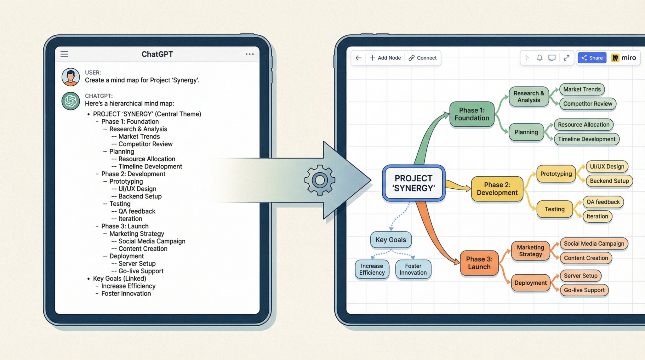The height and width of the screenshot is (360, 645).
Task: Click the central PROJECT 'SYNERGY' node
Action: (414, 183)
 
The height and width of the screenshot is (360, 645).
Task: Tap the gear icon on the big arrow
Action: (320, 180)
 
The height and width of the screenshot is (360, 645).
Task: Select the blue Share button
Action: (592, 58)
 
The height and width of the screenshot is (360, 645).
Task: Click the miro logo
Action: (624, 58)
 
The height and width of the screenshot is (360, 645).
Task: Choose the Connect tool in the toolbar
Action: (423, 58)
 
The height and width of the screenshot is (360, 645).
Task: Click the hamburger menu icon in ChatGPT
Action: (64, 54)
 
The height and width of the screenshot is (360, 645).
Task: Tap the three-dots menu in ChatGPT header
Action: (249, 54)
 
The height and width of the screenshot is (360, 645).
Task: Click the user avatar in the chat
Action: (71, 77)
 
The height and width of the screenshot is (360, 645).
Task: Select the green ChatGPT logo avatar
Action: (71, 101)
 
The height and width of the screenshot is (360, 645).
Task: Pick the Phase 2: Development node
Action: (497, 189)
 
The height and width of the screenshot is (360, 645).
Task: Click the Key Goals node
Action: (391, 240)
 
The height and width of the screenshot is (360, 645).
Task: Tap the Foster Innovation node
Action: (413, 269)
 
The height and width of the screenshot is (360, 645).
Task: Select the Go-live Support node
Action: (584, 290)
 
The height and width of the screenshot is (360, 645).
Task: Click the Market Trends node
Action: (582, 89)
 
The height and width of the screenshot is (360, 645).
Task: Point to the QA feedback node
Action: (603, 202)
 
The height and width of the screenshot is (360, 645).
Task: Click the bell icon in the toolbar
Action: (539, 58)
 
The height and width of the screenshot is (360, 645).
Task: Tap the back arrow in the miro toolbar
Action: (358, 58)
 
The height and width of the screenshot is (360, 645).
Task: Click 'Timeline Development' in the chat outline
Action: (150, 166)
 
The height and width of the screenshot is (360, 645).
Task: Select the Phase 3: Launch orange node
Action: (479, 263)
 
